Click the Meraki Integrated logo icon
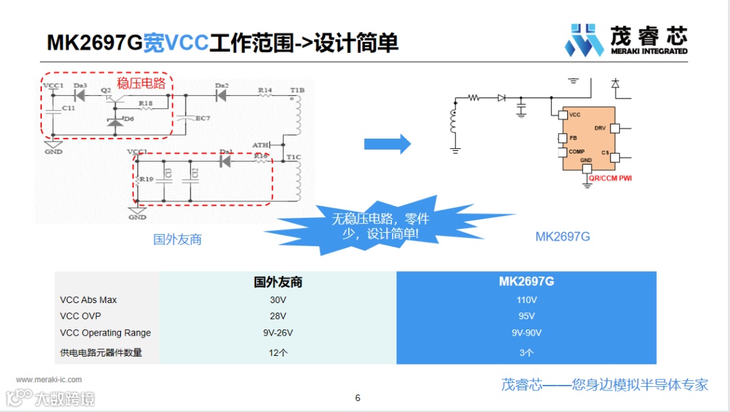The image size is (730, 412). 584,40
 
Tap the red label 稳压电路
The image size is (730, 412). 141,83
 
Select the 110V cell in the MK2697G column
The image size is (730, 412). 527,300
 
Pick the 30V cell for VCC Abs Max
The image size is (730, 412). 278,300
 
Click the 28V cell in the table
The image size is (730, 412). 278,316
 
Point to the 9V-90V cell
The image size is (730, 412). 527,333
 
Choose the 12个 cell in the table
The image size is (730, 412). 278,352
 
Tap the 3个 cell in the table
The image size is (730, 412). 527,352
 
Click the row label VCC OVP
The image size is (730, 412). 80,316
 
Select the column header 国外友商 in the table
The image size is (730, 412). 278,281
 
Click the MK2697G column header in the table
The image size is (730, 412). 527,281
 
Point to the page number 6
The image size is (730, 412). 358,398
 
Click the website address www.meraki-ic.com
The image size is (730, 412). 49,380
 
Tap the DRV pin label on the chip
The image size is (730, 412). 600,128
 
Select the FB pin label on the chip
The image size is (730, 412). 573,138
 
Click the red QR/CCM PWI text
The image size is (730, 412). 610,179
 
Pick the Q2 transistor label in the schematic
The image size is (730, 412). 105,90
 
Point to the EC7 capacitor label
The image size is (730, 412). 203,118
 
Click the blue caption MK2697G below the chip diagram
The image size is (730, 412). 562,237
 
